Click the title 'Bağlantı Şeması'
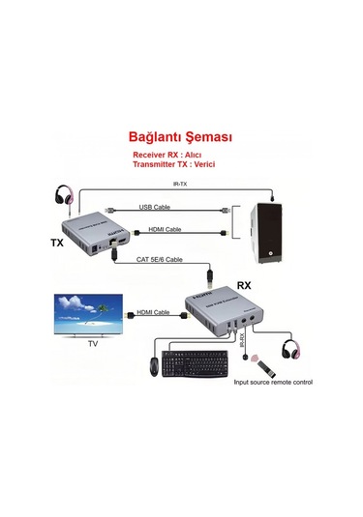(x=181, y=137)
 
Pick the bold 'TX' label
(x=57, y=244)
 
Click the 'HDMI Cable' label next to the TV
(x=152, y=313)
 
